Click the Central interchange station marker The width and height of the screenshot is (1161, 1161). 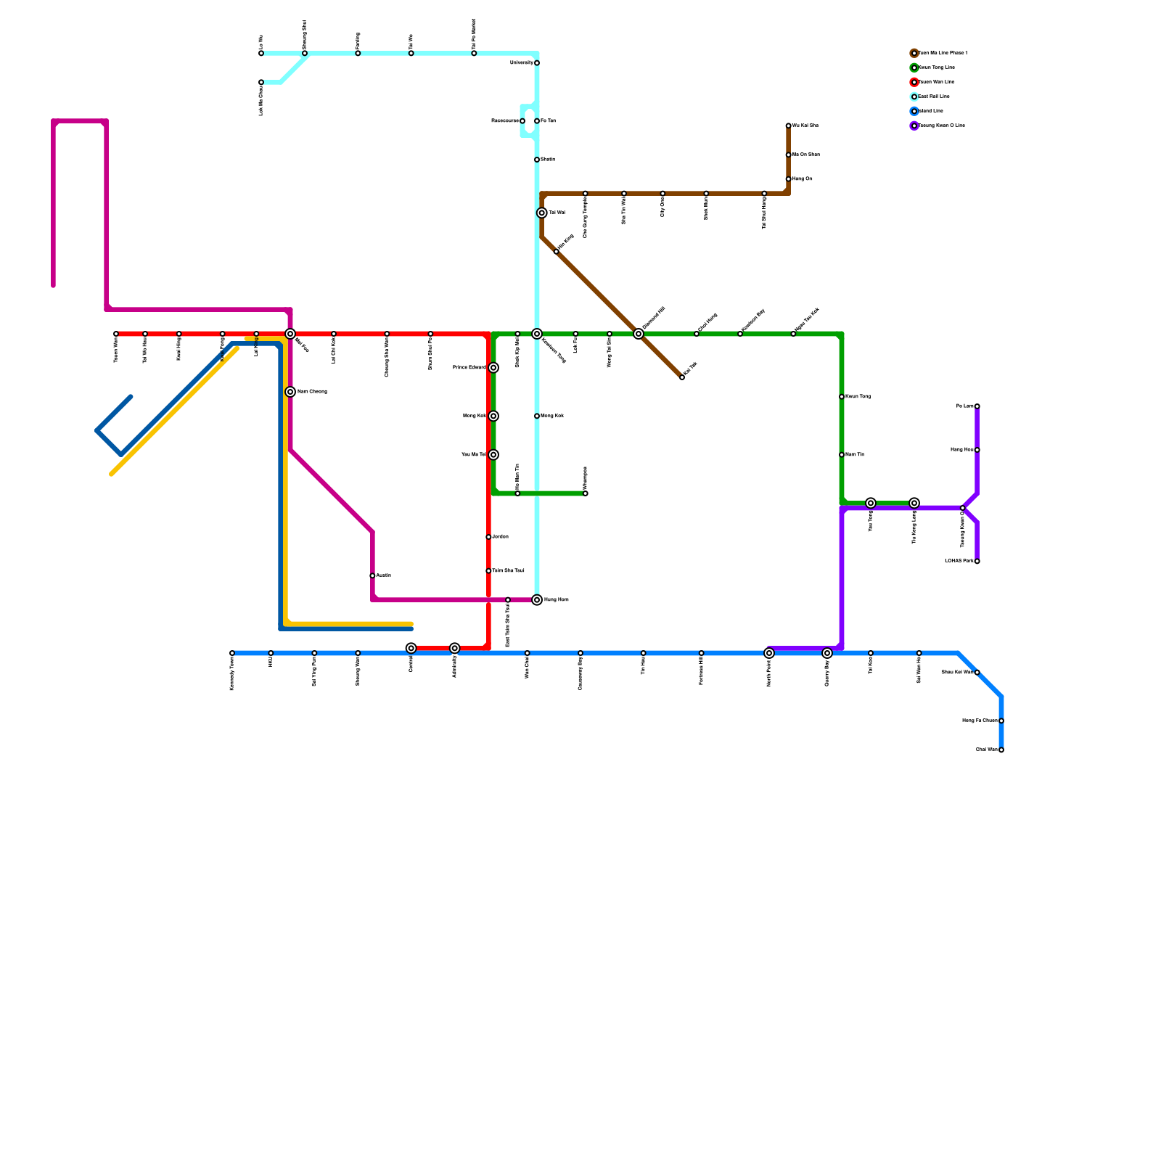411,648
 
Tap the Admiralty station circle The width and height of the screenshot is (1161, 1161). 455,648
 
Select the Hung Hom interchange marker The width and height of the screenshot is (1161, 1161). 537,600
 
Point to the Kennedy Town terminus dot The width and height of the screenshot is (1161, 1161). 232,653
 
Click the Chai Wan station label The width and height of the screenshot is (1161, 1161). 987,750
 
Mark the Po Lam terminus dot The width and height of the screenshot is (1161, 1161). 977,406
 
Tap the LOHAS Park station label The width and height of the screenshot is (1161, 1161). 959,561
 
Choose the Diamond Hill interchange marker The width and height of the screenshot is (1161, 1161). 639,334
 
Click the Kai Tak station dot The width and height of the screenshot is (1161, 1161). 682,377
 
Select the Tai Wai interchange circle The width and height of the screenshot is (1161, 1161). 542,213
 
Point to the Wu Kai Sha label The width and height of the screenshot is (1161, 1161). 805,126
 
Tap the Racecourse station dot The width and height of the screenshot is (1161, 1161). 522,121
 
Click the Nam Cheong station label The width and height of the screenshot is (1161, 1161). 312,392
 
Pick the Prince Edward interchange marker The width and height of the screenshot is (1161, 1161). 493,368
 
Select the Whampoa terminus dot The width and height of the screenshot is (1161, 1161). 586,493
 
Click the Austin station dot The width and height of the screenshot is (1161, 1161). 372,575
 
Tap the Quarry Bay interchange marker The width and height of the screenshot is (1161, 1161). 827,653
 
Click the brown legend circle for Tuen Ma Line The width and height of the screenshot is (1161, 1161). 914,53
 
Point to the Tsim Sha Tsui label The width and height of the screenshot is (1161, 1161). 508,571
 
